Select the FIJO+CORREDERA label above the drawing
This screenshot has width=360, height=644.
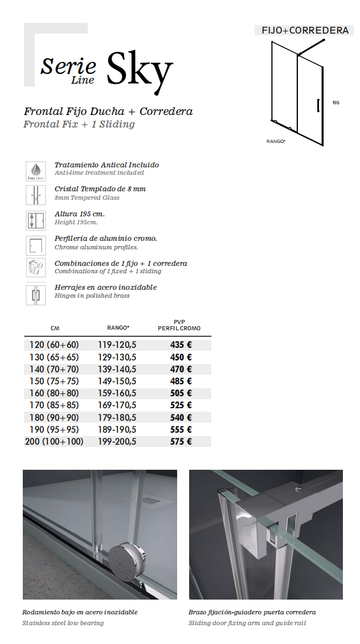pyautogui.click(x=305, y=30)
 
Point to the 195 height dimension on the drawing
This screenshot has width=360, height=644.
pyautogui.click(x=336, y=103)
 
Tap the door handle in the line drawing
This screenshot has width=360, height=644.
pyautogui.click(x=317, y=106)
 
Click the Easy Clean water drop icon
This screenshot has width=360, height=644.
pyautogui.click(x=35, y=170)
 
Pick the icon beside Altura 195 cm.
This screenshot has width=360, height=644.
pyautogui.click(x=35, y=220)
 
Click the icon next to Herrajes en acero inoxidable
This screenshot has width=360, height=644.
pyautogui.click(x=35, y=294)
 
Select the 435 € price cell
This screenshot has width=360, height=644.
pyautogui.click(x=181, y=344)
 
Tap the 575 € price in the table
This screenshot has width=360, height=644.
pyautogui.click(x=181, y=441)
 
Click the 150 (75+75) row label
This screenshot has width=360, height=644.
pyautogui.click(x=54, y=381)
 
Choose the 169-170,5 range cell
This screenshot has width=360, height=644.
pyautogui.click(x=117, y=405)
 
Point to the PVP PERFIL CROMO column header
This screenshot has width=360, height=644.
pyautogui.click(x=179, y=325)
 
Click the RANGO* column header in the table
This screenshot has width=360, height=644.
pyautogui.click(x=118, y=328)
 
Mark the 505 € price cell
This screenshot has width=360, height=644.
pyautogui.click(x=181, y=393)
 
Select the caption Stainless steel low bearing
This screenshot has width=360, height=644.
pyautogui.click(x=63, y=623)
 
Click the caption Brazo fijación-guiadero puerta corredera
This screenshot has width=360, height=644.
pyautogui.click(x=252, y=612)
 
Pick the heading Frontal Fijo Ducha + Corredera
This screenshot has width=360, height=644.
pyautogui.click(x=108, y=112)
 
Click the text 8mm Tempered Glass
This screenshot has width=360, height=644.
pyautogui.click(x=87, y=198)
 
